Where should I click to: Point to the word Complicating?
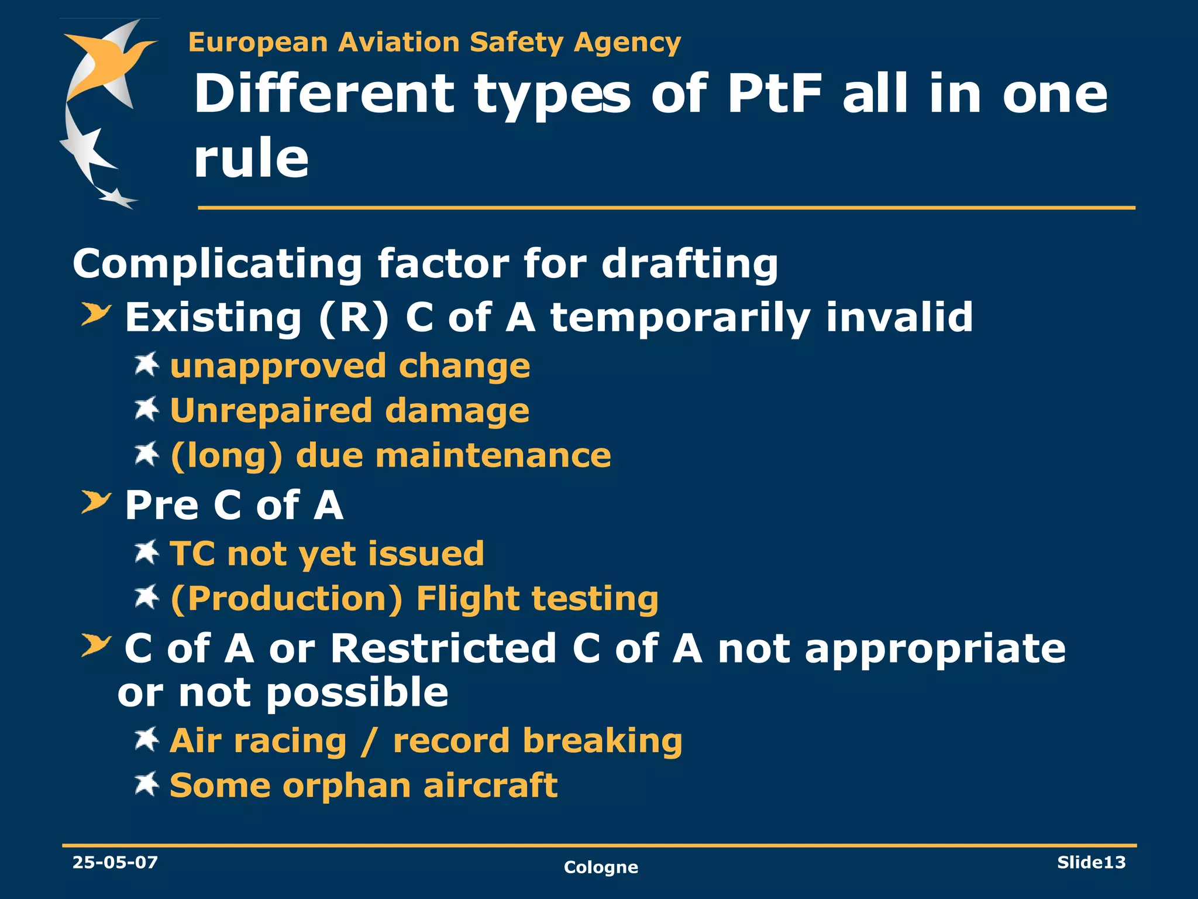(217, 265)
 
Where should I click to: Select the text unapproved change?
(350, 366)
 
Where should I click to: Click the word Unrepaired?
(271, 410)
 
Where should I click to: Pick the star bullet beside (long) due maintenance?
(146, 454)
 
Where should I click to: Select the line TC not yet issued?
(326, 554)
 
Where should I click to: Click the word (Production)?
(286, 599)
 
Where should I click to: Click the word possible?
(357, 693)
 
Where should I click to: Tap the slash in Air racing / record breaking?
(369, 741)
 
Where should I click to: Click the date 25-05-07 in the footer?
(115, 862)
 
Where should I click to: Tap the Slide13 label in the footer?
(1091, 862)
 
